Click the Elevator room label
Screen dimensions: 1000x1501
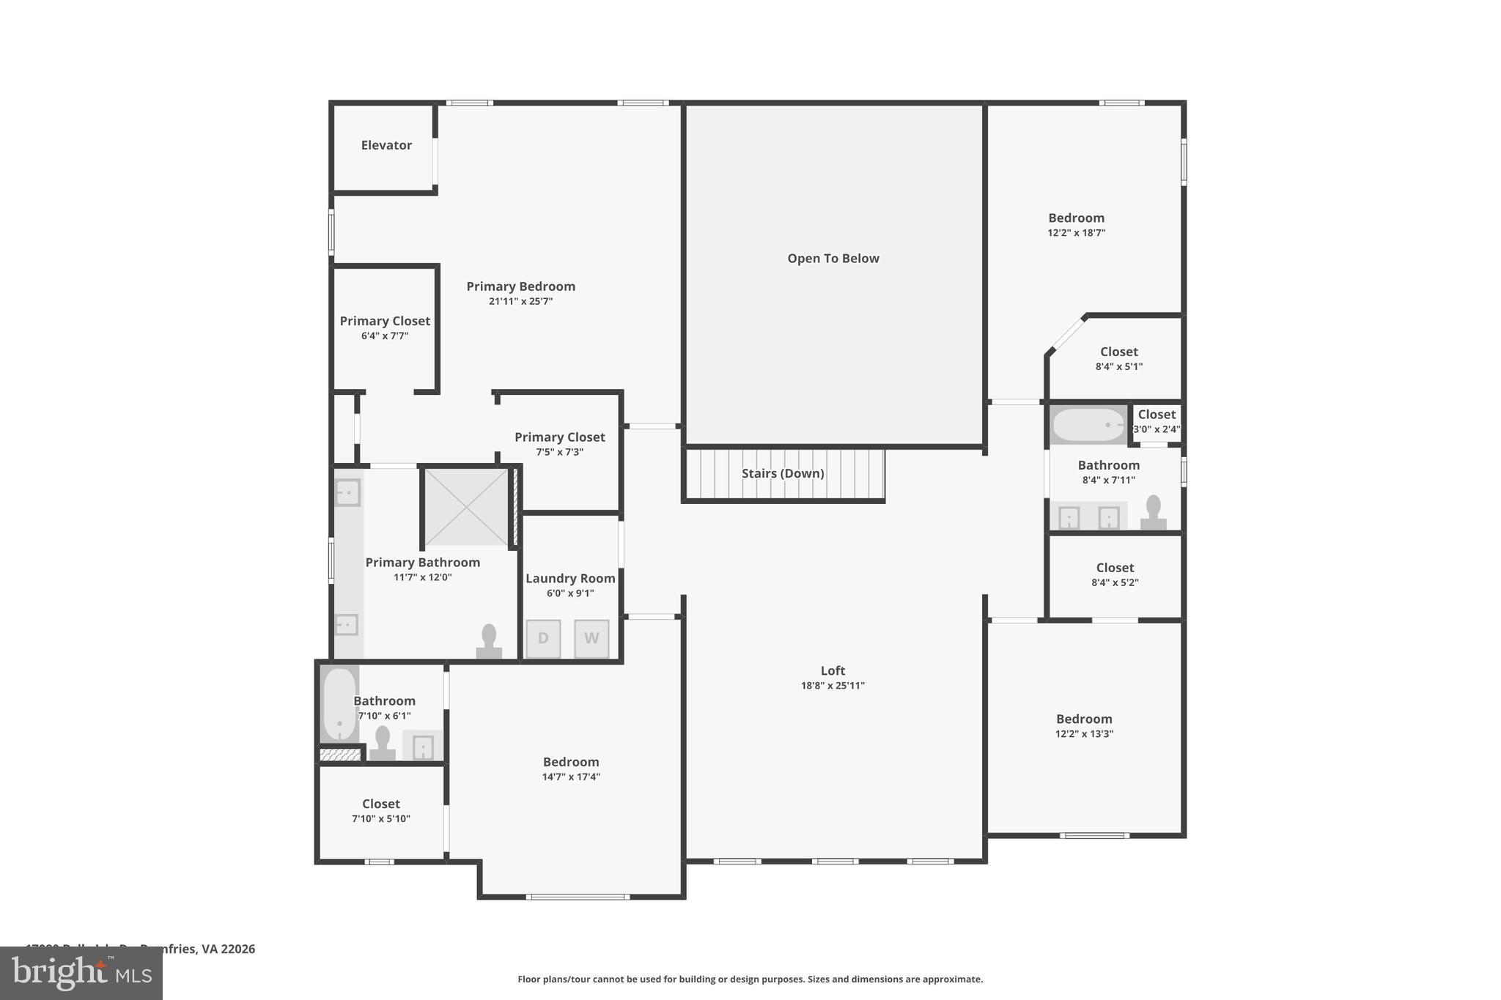click(x=386, y=145)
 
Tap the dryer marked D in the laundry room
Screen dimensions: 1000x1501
click(x=543, y=638)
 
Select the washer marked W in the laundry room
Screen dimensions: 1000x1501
click(x=591, y=638)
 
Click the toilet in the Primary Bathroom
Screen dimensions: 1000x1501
click(x=489, y=642)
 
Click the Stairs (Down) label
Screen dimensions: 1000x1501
click(x=783, y=473)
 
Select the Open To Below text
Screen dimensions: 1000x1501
click(x=833, y=259)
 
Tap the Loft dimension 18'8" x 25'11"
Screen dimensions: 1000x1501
click(x=833, y=686)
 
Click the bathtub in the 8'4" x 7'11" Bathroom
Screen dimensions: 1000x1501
click(x=1088, y=425)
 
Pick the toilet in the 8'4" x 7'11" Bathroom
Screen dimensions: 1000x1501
click(x=1153, y=513)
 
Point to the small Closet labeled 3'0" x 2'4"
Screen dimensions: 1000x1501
click(x=1157, y=421)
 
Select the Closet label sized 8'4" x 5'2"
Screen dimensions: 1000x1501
click(x=1115, y=568)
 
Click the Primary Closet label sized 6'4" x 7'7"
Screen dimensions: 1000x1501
click(x=385, y=321)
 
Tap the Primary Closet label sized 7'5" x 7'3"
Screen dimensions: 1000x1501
click(x=559, y=437)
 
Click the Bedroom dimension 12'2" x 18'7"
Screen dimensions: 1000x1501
click(x=1076, y=233)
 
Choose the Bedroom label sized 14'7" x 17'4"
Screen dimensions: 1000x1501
click(x=571, y=762)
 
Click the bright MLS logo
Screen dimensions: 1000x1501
click(x=81, y=974)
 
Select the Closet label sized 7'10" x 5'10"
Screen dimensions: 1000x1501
click(x=380, y=804)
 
